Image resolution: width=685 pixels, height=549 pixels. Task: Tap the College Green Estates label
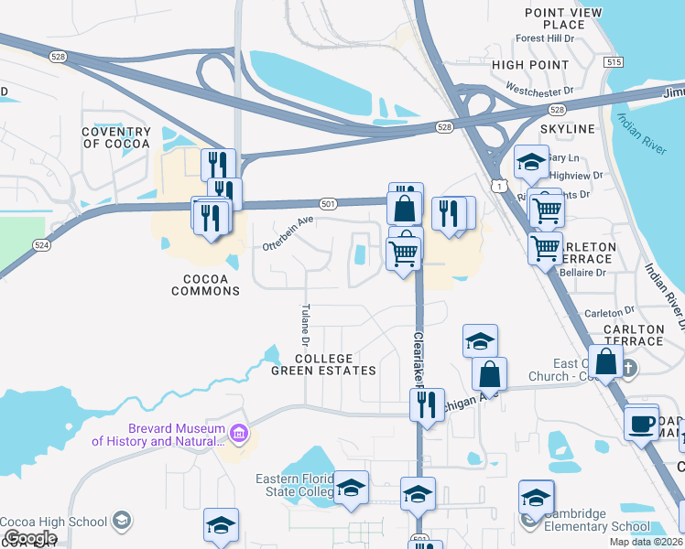click(323, 364)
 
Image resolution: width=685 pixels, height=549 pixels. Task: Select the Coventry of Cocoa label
click(115, 138)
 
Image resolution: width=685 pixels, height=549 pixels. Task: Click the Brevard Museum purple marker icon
click(238, 432)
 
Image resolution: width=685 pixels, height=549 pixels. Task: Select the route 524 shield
click(41, 245)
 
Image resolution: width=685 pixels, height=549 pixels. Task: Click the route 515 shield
click(614, 62)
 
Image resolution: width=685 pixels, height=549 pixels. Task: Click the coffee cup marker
click(641, 424)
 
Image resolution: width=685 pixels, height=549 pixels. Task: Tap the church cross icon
click(628, 369)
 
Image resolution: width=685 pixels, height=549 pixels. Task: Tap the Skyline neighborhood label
click(568, 129)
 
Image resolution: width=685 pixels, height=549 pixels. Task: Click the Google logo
click(29, 538)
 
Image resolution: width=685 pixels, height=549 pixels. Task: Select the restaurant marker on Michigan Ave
click(426, 404)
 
